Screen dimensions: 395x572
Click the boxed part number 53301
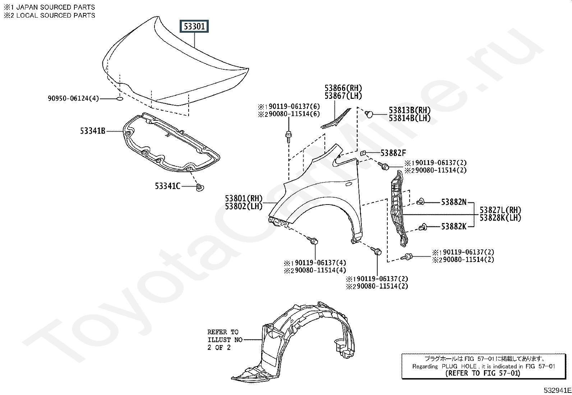195,26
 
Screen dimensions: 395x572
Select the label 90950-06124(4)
73,98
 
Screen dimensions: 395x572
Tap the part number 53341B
93,131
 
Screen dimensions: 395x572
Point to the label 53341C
167,186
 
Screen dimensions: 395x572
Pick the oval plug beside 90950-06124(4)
120,98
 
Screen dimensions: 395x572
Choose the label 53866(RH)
343,88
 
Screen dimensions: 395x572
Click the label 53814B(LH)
409,118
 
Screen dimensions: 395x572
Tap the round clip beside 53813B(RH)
369,114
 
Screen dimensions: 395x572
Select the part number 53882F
393,153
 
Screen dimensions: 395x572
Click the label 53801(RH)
244,198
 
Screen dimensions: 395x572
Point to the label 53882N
453,202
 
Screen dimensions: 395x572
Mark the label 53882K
453,226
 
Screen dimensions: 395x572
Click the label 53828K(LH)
500,218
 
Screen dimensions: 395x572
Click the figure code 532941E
557,390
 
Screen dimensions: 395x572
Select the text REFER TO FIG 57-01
483,373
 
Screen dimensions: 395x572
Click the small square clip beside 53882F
363,153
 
